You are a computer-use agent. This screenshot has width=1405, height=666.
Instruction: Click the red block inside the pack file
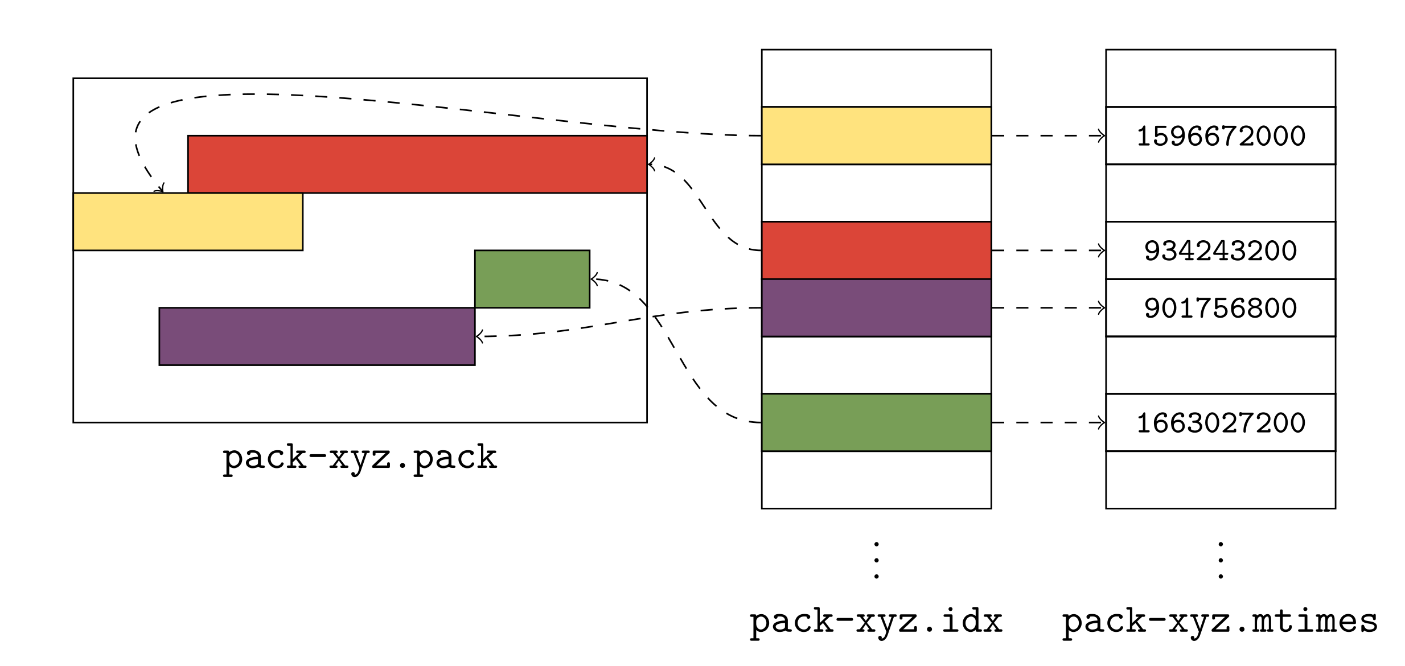(x=417, y=164)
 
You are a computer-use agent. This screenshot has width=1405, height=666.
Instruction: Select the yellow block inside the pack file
(x=188, y=221)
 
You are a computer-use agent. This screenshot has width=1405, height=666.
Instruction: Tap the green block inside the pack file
(x=532, y=279)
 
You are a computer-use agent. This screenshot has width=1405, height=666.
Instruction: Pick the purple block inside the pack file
(x=317, y=336)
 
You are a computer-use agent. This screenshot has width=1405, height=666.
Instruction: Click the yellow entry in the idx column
(x=876, y=135)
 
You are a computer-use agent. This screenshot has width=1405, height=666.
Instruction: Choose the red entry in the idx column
(x=876, y=250)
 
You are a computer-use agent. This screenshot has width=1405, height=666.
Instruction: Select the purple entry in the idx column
(x=876, y=308)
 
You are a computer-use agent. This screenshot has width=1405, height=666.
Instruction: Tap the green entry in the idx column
(x=876, y=422)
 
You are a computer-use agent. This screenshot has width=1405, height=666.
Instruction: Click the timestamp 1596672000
(x=1221, y=136)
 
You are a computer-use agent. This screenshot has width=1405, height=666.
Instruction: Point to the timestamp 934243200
(x=1221, y=250)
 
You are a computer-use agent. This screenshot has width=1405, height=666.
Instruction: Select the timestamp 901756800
(x=1221, y=308)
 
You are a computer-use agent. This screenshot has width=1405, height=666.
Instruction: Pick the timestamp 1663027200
(x=1221, y=423)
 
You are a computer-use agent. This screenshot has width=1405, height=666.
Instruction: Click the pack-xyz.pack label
(x=360, y=458)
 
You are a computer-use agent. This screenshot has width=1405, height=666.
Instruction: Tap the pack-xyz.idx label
(x=876, y=622)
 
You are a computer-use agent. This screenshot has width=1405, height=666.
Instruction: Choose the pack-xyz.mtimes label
(x=1220, y=622)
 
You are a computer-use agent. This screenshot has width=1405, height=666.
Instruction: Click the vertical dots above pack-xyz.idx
(x=877, y=561)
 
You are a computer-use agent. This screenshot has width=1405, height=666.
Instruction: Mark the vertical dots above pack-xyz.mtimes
(x=1221, y=561)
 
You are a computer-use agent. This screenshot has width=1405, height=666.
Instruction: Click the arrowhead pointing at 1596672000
(x=1102, y=135)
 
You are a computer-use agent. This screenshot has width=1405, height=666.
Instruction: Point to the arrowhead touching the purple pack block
(x=479, y=336)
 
